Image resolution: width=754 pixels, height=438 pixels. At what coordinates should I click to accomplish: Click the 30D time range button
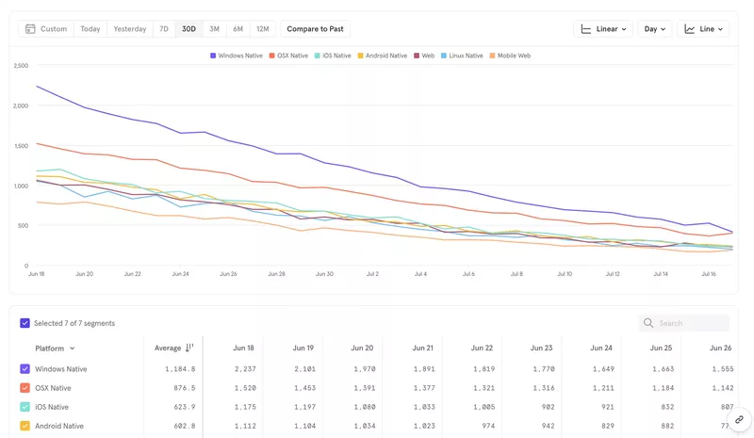click(188, 29)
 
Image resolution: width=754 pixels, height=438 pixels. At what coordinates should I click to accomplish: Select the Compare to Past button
click(315, 29)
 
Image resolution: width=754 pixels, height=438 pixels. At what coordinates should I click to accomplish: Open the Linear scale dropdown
click(602, 29)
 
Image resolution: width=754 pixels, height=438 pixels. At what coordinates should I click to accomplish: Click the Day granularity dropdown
click(654, 29)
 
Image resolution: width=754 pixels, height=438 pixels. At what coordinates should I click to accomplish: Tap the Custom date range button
click(46, 29)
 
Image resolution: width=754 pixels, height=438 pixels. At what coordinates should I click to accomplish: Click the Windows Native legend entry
click(237, 56)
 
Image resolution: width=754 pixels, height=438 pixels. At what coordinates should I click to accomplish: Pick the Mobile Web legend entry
click(510, 56)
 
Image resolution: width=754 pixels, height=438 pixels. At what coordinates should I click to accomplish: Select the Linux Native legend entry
click(462, 56)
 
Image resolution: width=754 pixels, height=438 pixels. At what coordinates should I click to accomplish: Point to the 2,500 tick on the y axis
click(21, 66)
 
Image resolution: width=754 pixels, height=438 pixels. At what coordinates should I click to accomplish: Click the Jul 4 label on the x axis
click(420, 274)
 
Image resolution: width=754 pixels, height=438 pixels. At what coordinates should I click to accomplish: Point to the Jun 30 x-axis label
click(324, 274)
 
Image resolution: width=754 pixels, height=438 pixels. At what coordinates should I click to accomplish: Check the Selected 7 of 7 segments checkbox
click(25, 323)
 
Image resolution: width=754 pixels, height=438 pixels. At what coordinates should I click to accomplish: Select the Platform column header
click(54, 349)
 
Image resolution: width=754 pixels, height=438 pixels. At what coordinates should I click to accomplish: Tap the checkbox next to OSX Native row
click(25, 388)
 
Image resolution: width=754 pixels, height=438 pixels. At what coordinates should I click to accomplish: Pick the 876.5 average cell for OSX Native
click(180, 388)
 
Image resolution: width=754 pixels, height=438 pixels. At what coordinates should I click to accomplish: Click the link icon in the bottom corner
click(739, 420)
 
